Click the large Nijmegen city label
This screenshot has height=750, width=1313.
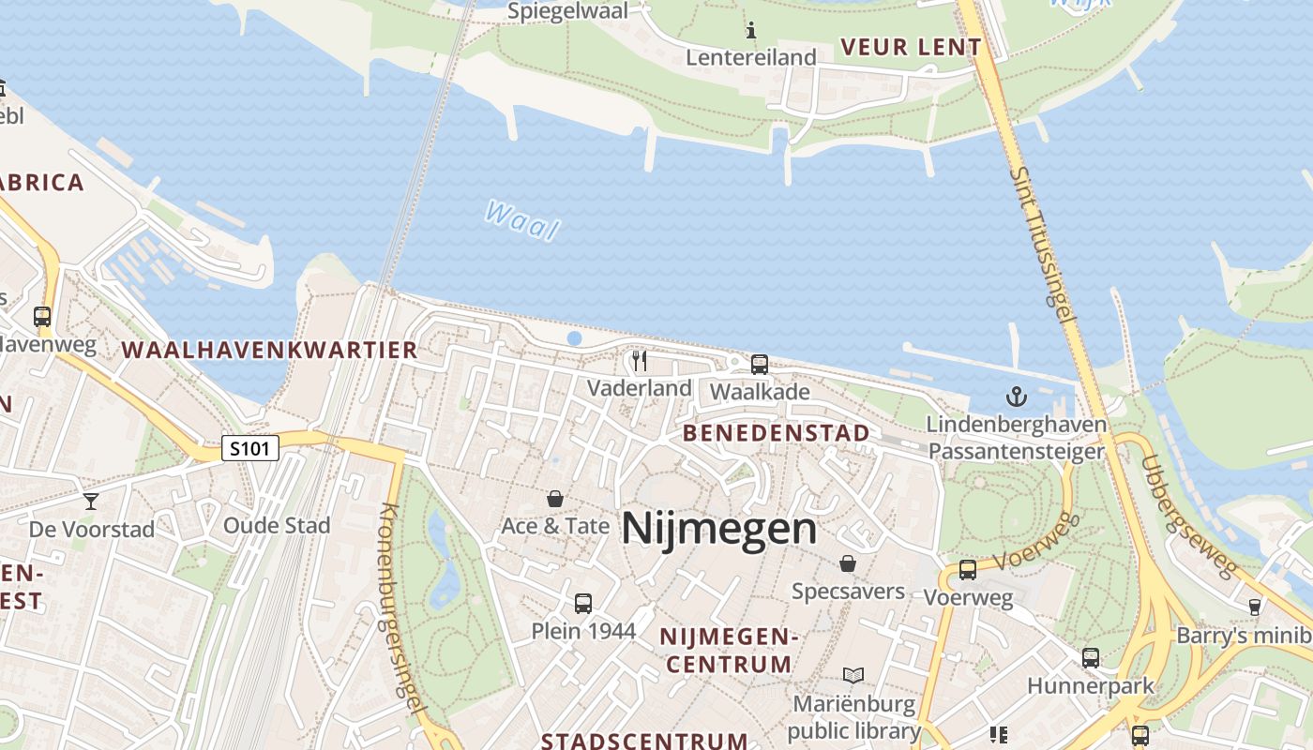(718, 529)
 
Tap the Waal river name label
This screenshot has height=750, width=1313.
(522, 220)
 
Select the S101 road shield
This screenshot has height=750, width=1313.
(250, 448)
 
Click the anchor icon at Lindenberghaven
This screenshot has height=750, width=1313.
(1017, 397)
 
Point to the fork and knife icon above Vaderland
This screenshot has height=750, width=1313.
(640, 361)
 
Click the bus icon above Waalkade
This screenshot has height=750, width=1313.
(760, 365)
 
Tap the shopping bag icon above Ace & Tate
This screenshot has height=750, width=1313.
(555, 499)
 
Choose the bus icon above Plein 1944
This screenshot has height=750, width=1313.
(583, 604)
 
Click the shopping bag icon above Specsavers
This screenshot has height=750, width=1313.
(848, 563)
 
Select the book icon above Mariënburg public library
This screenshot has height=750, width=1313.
(853, 676)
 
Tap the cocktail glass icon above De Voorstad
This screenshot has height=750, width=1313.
(90, 502)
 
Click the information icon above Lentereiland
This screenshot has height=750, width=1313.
(750, 31)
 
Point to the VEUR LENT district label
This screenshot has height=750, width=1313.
(911, 47)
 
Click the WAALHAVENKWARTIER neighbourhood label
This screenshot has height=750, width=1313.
(269, 351)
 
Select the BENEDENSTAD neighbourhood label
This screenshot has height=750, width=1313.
(777, 433)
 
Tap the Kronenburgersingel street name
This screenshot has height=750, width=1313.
(402, 609)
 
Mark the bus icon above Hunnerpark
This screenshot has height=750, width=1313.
(1090, 658)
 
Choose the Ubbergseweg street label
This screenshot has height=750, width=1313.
(1187, 517)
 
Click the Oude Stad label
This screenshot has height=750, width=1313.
(277, 525)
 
